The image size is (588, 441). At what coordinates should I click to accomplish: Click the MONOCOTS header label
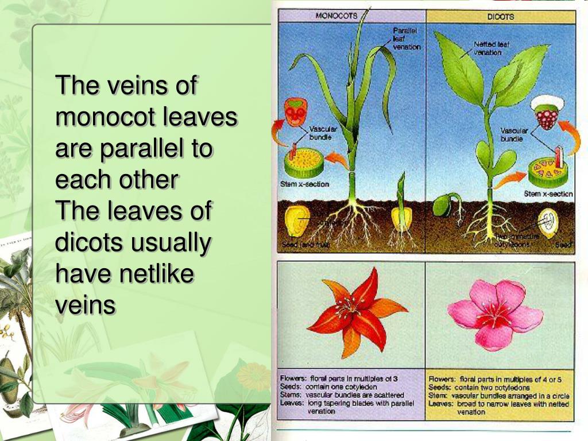point(337,16)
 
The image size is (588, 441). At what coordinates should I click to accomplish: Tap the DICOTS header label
point(500,17)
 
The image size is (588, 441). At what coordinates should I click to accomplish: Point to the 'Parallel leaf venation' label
point(406,38)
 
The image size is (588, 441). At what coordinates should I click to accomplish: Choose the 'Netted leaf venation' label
point(492,48)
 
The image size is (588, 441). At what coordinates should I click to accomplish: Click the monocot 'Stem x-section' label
point(304,184)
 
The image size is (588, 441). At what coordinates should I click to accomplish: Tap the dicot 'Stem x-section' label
point(548,194)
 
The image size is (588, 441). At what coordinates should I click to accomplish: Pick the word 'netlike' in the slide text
point(156,273)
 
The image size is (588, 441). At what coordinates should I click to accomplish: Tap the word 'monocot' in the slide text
point(106,118)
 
